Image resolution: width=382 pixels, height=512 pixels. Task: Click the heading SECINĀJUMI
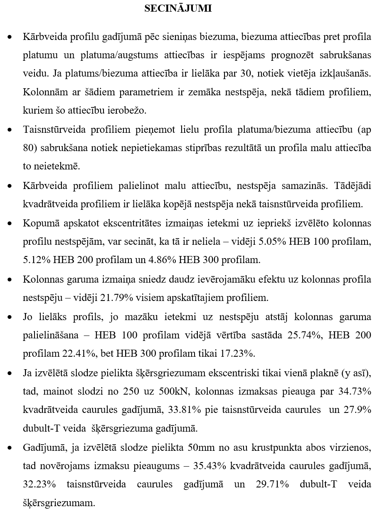(178, 8)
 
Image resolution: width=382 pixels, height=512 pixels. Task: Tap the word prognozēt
(282, 55)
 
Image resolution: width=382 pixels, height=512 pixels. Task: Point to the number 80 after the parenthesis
(28, 148)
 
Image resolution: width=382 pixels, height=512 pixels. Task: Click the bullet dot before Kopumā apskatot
(10, 224)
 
